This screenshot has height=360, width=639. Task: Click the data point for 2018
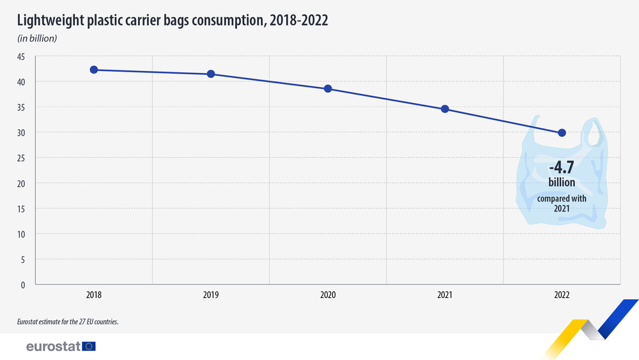pyautogui.click(x=94, y=70)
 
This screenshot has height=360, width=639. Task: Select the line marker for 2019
pyautogui.click(x=211, y=74)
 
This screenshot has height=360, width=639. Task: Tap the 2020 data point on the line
pyautogui.click(x=328, y=89)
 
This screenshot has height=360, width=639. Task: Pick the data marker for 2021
pyautogui.click(x=445, y=109)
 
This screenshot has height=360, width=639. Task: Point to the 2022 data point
pyautogui.click(x=562, y=132)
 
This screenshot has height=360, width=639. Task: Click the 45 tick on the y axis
pyautogui.click(x=21, y=57)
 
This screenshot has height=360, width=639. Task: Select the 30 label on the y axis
pyautogui.click(x=21, y=132)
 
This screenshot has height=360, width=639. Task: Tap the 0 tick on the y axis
pyautogui.click(x=23, y=285)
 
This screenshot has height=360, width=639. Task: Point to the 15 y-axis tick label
pyautogui.click(x=21, y=209)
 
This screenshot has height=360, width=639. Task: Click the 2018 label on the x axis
pyautogui.click(x=94, y=295)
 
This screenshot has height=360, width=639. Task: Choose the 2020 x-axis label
pyautogui.click(x=328, y=295)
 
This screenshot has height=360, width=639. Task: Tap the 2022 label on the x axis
pyautogui.click(x=562, y=295)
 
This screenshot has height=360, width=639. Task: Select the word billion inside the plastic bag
pyautogui.click(x=562, y=183)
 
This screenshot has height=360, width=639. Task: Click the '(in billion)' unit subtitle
pyautogui.click(x=37, y=38)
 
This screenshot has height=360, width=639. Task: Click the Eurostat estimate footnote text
pyautogui.click(x=68, y=322)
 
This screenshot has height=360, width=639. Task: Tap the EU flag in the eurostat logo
pyautogui.click(x=89, y=347)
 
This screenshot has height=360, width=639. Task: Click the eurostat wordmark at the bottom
pyautogui.click(x=53, y=347)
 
